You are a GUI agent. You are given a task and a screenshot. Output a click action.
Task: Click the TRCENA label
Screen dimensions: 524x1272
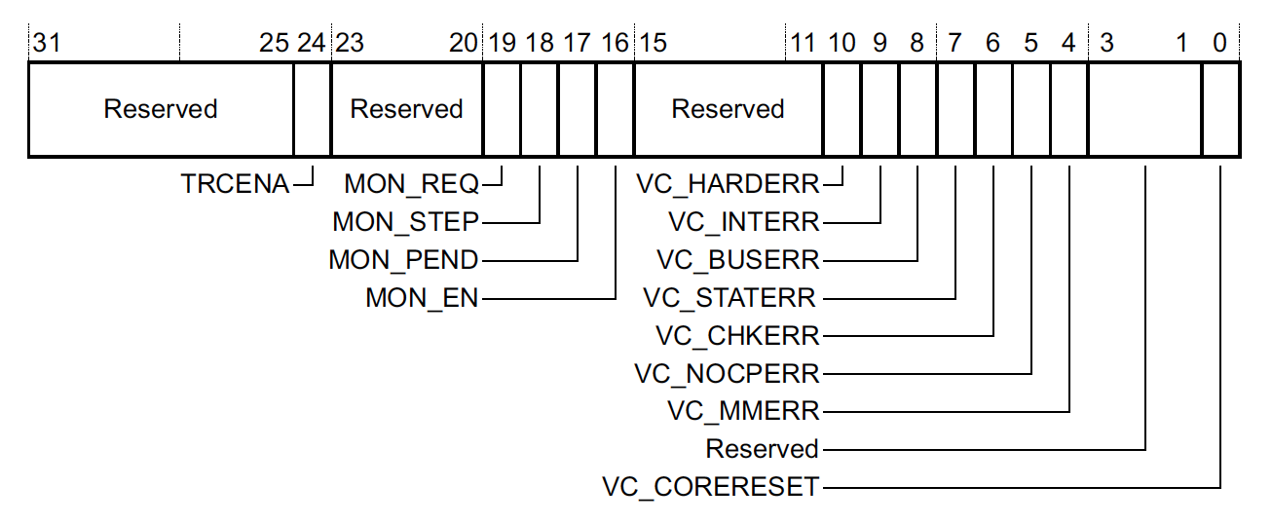tap(235, 184)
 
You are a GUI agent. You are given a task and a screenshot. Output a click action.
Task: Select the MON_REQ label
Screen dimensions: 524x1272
tap(412, 184)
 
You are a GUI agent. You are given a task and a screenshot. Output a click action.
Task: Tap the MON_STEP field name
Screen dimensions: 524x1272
tap(406, 222)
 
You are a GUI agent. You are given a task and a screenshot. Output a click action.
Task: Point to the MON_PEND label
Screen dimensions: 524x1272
tap(404, 260)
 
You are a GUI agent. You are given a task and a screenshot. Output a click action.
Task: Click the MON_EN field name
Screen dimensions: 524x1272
tap(423, 298)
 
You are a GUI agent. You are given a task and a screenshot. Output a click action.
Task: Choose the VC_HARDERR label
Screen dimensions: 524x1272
tap(728, 184)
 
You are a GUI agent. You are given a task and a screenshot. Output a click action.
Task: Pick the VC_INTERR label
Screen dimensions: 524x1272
tap(744, 222)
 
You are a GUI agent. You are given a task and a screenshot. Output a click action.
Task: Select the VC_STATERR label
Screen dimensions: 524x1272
tap(730, 298)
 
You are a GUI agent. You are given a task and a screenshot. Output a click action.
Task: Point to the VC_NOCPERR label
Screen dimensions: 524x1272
tap(728, 374)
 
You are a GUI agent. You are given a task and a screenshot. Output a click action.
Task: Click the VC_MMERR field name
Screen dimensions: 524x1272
tap(744, 411)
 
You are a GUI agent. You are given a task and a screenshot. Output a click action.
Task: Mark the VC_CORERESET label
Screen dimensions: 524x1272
tap(711, 486)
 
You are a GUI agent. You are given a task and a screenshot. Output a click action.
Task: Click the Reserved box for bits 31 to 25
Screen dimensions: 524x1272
tap(161, 109)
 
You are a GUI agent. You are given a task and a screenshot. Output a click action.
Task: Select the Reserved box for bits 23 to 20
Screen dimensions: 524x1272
tap(406, 109)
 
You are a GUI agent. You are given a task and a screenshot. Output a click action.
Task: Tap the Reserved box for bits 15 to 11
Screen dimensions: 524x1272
tap(728, 109)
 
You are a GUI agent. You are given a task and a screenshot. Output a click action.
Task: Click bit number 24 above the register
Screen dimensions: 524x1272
tap(312, 44)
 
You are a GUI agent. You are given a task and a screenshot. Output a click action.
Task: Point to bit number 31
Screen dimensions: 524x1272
tap(45, 44)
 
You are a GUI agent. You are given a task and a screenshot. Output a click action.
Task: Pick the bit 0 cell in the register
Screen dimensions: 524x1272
tap(1220, 109)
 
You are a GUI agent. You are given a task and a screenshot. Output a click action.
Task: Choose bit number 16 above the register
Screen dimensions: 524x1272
tap(616, 44)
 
